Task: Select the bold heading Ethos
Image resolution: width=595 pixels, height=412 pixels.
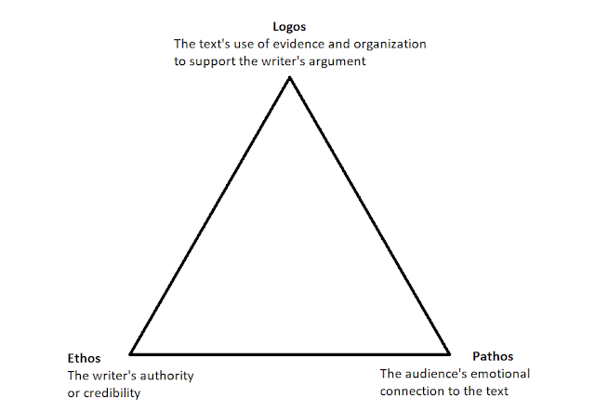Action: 84,359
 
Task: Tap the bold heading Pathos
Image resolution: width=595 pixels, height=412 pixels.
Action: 493,356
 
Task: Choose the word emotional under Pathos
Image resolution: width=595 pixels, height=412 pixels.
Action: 502,373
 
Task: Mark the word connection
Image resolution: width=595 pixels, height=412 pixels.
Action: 411,390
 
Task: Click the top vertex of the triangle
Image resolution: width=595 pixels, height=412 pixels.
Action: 290,77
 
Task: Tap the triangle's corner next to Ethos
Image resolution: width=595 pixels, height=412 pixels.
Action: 130,354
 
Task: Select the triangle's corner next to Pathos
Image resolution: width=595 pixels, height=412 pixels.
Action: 450,354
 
